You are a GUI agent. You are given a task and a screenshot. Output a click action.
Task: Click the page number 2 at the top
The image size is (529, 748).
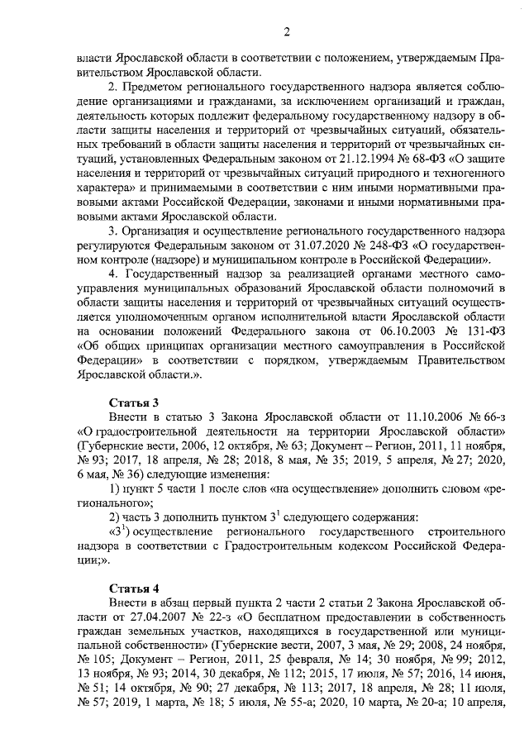pyautogui.click(x=287, y=32)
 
